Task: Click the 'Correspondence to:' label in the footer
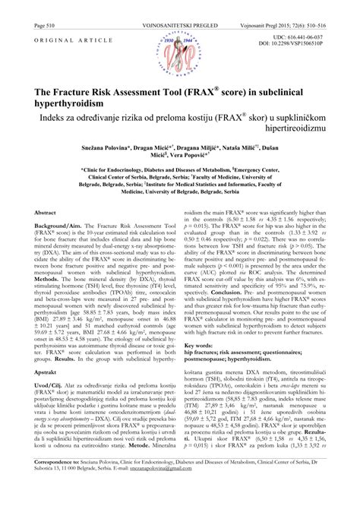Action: [x=52, y=482]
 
